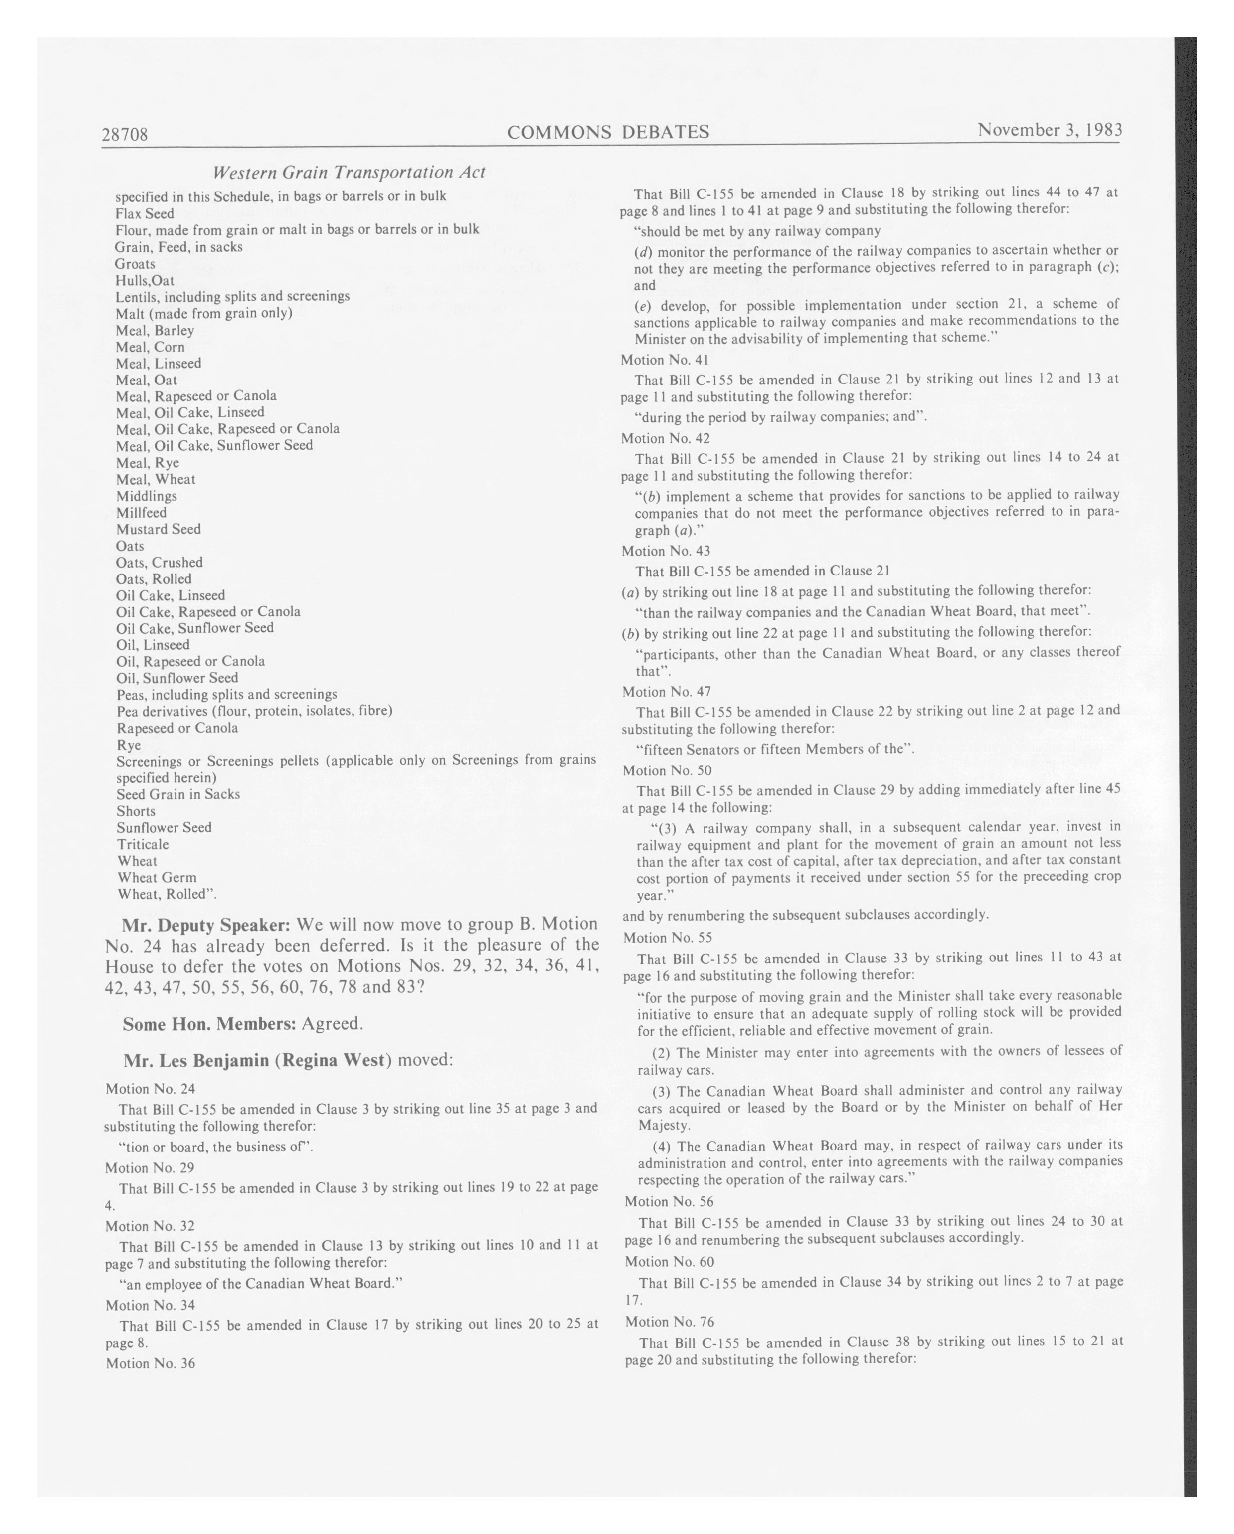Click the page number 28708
click(x=125, y=134)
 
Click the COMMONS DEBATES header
click(x=608, y=132)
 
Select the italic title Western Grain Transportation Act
click(x=349, y=172)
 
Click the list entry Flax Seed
click(x=145, y=213)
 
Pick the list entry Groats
click(x=135, y=264)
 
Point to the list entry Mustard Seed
click(x=159, y=529)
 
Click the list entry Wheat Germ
click(x=157, y=877)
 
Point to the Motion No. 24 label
click(x=150, y=1089)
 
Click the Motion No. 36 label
click(x=150, y=1363)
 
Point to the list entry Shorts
click(x=136, y=811)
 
